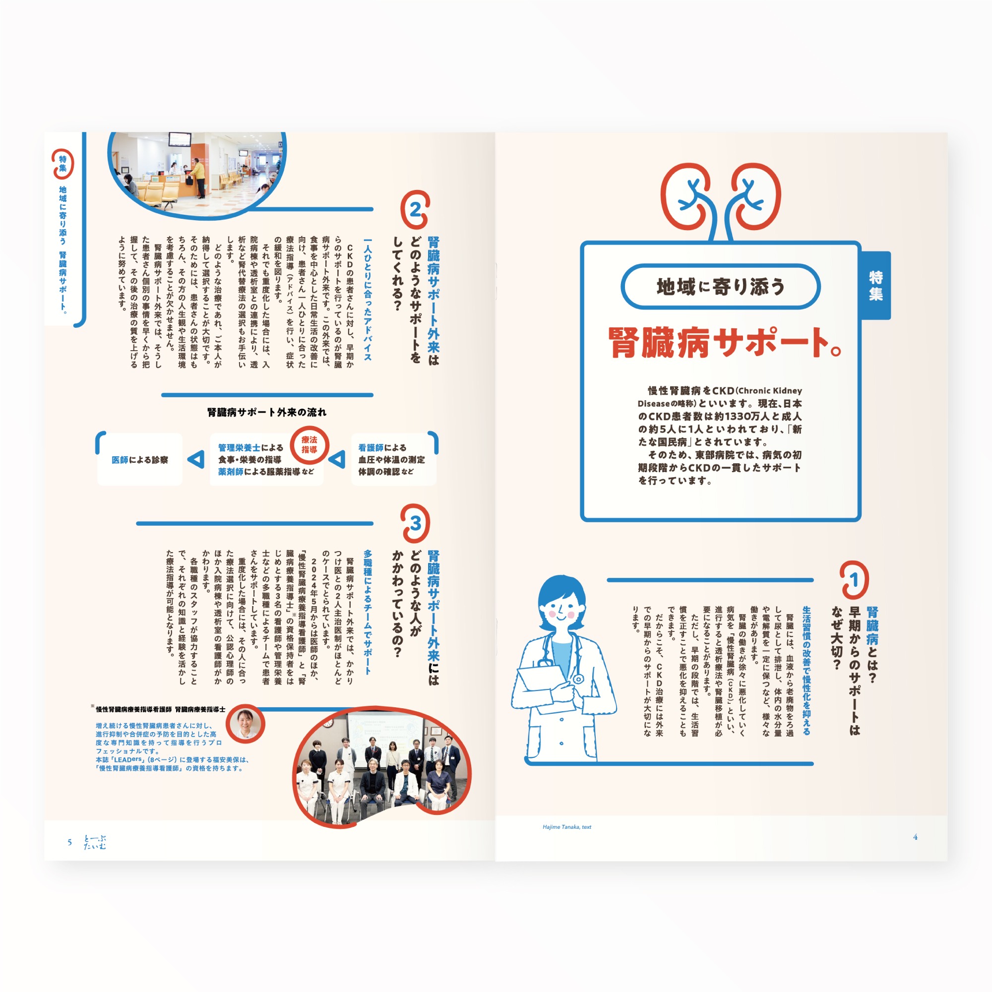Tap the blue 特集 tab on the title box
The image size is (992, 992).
point(875,286)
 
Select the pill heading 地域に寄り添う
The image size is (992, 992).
point(720,287)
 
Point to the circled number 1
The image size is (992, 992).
point(854,580)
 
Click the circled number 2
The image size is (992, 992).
point(415,209)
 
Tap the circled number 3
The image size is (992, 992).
point(415,523)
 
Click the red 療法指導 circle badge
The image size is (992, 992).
point(309,444)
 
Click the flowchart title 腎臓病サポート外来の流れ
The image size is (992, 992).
point(266,412)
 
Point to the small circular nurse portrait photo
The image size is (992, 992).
point(246,724)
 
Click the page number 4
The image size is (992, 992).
point(915,837)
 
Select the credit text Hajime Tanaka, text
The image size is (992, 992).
point(567,827)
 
